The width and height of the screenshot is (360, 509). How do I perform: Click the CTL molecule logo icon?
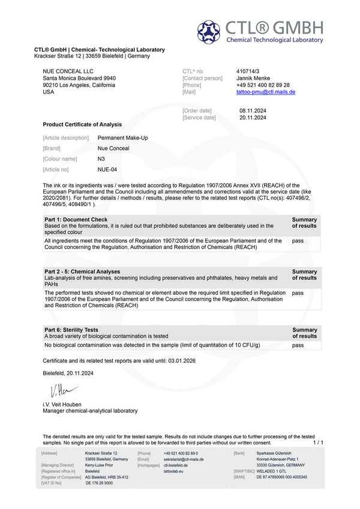209,32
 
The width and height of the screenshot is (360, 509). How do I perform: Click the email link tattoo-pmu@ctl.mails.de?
266,92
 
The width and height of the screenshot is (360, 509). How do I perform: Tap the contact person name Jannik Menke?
253,78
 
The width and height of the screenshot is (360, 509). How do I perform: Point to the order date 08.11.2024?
252,110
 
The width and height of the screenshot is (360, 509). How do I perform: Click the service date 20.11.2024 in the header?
252,118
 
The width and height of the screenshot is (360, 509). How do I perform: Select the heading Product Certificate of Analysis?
82,125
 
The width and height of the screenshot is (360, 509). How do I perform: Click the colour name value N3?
101,159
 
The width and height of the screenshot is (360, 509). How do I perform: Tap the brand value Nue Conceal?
113,148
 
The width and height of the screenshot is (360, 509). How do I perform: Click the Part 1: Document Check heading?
76,219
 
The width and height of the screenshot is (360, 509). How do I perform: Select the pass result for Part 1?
298,240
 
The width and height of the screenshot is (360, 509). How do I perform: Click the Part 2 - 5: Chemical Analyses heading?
82,272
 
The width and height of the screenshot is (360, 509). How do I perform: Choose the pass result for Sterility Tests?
298,345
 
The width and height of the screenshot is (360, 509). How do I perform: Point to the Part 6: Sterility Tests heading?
71,330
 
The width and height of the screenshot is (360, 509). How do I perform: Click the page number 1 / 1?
318,442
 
